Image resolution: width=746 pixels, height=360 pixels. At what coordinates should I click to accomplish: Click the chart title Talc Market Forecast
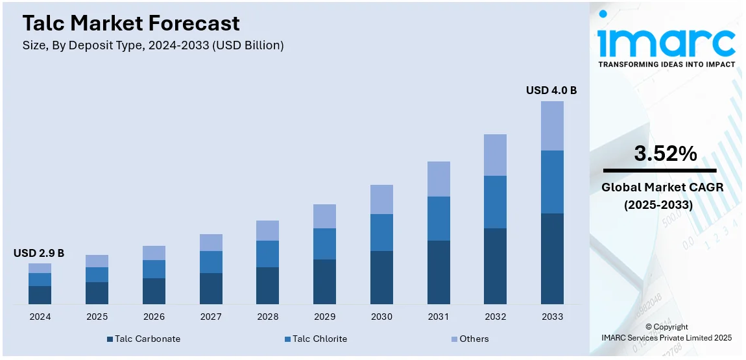click(x=131, y=23)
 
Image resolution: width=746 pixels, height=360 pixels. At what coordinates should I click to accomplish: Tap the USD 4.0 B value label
click(x=551, y=90)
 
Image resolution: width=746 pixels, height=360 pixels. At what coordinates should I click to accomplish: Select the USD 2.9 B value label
click(x=39, y=253)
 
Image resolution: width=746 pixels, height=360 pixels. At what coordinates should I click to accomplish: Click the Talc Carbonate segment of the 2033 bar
click(x=552, y=258)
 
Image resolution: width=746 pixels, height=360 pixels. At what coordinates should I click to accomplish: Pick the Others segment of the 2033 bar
click(x=552, y=126)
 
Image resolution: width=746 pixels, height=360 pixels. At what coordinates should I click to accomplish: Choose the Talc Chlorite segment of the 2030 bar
click(x=381, y=232)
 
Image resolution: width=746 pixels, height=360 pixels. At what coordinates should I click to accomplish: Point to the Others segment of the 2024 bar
click(x=40, y=268)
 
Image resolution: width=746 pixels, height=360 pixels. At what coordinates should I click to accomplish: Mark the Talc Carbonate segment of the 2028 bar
click(x=267, y=285)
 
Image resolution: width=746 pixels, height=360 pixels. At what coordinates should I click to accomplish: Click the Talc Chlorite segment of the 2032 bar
click(x=495, y=202)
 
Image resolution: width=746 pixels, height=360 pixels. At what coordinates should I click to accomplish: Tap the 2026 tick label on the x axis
click(x=154, y=317)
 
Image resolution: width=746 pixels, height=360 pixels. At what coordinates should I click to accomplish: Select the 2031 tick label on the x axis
click(x=439, y=317)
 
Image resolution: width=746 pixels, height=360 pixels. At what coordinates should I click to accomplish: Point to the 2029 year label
click(x=324, y=317)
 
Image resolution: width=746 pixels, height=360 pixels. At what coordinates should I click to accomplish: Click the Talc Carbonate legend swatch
click(x=110, y=339)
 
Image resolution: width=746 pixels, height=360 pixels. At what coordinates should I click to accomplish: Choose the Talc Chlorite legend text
click(x=320, y=339)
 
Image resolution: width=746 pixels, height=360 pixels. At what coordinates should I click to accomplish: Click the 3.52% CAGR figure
click(x=666, y=154)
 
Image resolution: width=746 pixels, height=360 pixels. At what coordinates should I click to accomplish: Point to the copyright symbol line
click(x=667, y=327)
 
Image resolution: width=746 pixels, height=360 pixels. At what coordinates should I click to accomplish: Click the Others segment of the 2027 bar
click(x=211, y=243)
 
